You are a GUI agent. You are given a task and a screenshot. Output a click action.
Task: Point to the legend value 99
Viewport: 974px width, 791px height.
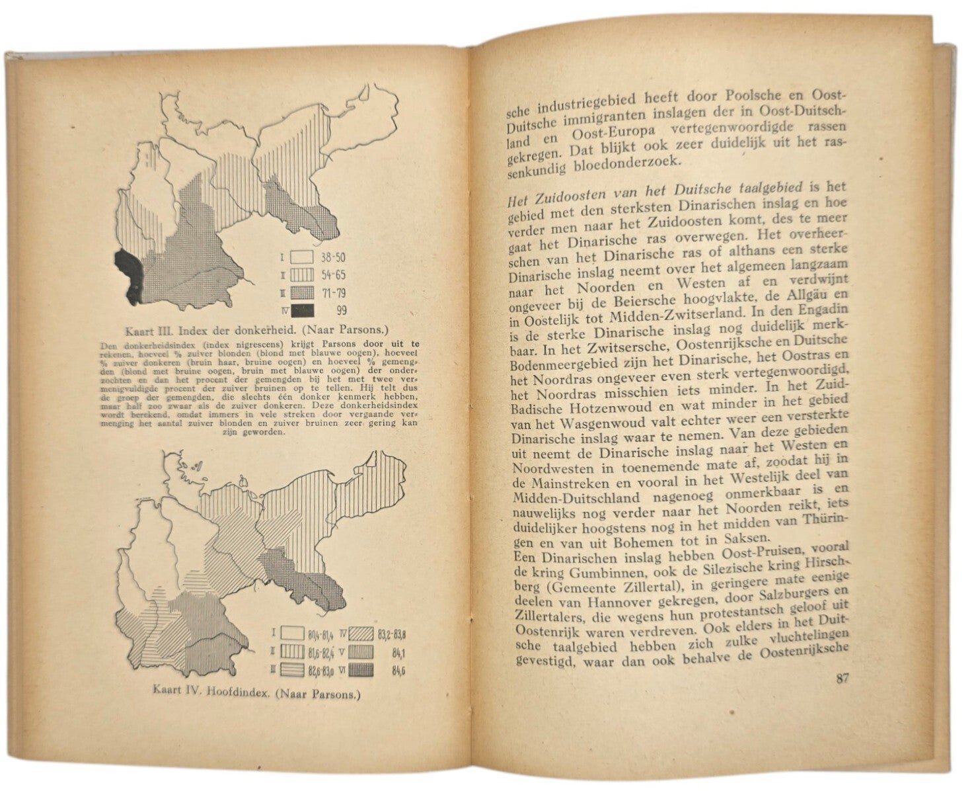(342, 310)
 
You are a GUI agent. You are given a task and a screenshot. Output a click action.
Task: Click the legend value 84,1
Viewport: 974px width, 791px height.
(398, 653)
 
